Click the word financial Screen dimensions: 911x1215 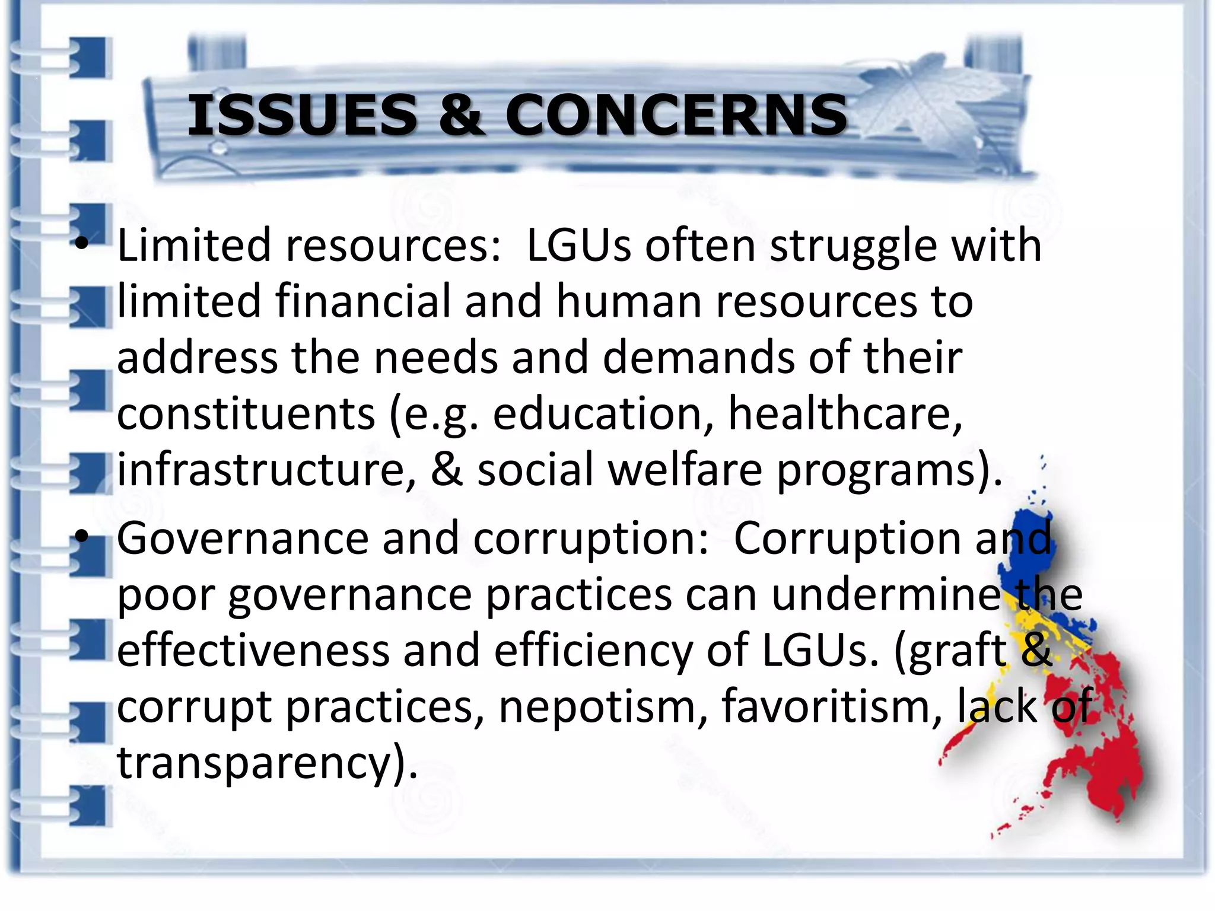tap(362, 301)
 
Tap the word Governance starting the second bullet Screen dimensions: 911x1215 tap(243, 539)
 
